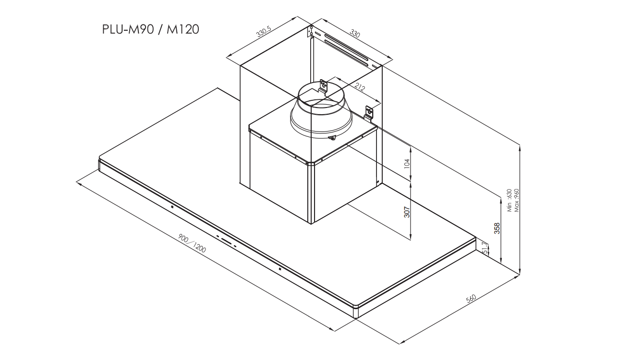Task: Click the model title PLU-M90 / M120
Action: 150,29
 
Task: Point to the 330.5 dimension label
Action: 264,32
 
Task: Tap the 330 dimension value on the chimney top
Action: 355,34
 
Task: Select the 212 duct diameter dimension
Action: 360,87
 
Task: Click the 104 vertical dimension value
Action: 407,164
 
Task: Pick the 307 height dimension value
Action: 407,212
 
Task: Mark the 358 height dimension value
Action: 497,228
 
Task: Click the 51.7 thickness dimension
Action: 485,248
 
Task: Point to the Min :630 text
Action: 509,200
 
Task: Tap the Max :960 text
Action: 516,200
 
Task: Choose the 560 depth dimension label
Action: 471,299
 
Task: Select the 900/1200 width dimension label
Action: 192,243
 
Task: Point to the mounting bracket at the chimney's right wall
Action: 369,114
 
